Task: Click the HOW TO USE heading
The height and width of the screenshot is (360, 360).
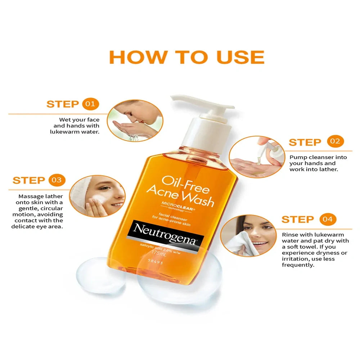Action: coord(186,57)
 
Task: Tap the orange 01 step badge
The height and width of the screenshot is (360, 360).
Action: coord(90,104)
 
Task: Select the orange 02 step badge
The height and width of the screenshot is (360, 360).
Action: coord(335,141)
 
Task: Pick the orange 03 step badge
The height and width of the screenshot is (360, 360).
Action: coord(57,180)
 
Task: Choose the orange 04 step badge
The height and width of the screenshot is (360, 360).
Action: coord(328,219)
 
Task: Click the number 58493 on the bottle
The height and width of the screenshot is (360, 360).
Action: coord(156,261)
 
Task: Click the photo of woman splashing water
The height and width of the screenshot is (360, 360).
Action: coord(135,121)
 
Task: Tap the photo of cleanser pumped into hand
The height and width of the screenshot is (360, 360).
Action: coord(257,157)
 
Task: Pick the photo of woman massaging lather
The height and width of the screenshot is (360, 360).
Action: coord(97,196)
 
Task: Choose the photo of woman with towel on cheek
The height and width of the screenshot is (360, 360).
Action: coord(248,236)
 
